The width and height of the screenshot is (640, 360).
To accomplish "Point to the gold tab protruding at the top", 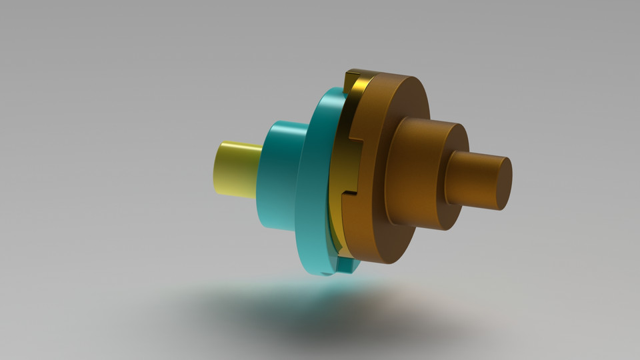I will (x=351, y=81).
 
